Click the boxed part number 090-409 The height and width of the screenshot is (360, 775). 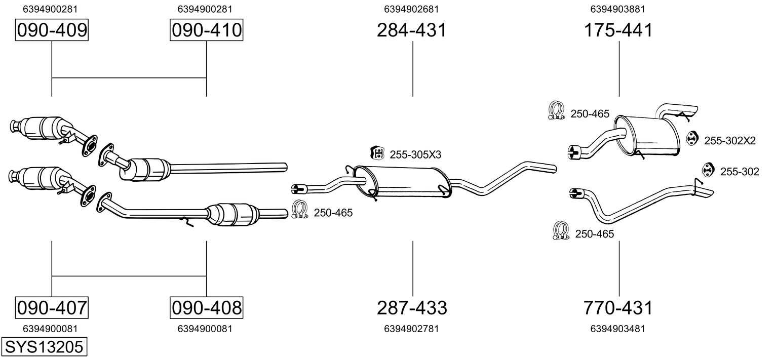pos(52,30)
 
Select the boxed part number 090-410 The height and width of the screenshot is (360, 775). pos(206,30)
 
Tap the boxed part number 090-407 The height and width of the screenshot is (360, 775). pos(52,307)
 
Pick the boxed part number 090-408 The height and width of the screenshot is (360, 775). pos(206,307)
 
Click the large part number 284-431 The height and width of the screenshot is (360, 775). pos(412,30)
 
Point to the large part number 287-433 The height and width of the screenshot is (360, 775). pos(412,307)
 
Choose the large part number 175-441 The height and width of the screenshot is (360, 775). pos(618,30)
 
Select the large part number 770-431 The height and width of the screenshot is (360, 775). pos(618,307)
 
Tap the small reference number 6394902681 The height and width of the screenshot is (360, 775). pos(411,9)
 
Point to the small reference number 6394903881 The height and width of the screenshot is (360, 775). pos(617,9)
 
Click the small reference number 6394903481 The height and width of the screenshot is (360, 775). pos(617,329)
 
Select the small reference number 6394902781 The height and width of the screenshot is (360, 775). pos(411,329)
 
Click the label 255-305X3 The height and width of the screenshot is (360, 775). pos(415,154)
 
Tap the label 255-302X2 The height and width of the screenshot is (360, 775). pos(729,141)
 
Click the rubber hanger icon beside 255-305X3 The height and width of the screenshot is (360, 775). pos(377,153)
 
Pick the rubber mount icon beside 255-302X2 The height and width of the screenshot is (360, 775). pos(692,138)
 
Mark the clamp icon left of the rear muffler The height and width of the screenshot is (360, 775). pos(556,111)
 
